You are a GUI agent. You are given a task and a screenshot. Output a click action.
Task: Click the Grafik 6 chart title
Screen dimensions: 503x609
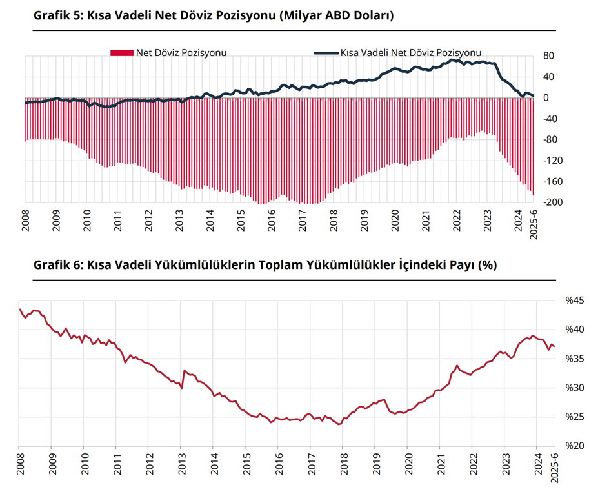pos(265,265)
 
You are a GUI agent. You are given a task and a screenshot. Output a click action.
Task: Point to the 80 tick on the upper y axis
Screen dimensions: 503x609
pos(548,56)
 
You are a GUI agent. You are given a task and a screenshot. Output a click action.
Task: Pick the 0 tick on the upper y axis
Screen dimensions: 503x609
pos(546,98)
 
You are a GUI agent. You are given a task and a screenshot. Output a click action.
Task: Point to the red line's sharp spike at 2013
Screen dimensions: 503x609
pos(185,371)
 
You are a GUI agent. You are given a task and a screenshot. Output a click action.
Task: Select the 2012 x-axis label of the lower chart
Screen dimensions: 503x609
pos(148,464)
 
